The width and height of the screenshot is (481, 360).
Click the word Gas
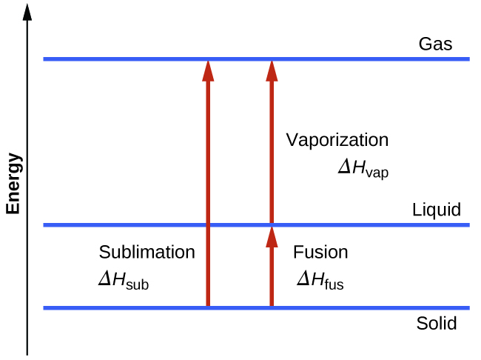click(435, 44)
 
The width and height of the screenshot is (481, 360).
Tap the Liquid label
click(436, 210)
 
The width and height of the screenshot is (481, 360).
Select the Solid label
click(436, 324)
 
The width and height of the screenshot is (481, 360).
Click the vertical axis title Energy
click(13, 184)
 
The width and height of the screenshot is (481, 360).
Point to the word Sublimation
click(147, 252)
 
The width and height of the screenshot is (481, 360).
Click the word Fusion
click(320, 252)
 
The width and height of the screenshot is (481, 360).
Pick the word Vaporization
click(337, 140)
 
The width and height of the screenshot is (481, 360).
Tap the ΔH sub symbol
click(124, 281)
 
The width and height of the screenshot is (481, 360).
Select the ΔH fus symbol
click(320, 281)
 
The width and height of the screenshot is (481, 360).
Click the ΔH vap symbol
click(363, 169)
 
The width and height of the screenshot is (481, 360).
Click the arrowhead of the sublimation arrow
click(208, 70)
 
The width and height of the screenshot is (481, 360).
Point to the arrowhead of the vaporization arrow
click(272, 70)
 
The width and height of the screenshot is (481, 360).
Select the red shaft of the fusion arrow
click(272, 278)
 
